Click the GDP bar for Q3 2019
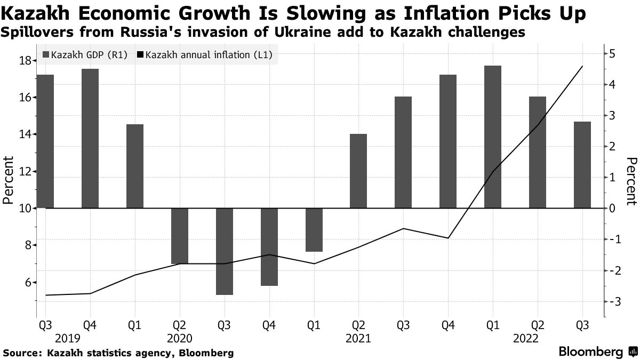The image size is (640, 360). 45,141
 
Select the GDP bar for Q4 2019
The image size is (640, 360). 90,138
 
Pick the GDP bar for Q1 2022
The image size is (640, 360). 493,137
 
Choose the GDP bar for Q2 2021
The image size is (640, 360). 359,171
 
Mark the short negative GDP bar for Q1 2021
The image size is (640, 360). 314,229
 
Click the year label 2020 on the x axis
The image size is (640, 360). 180,338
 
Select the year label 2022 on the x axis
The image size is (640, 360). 525,338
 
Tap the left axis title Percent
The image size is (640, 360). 8,180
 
